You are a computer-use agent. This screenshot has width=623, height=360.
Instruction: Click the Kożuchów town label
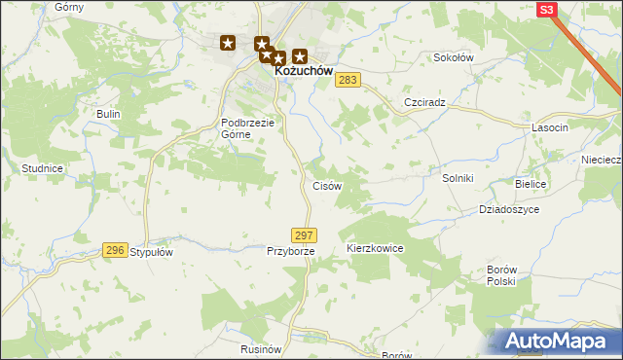point(304,71)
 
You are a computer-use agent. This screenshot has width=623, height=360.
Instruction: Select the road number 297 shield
point(304,235)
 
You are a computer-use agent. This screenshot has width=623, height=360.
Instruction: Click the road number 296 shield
point(115,250)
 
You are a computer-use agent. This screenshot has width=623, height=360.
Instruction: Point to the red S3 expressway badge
point(546,10)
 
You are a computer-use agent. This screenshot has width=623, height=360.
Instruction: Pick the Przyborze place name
point(290,251)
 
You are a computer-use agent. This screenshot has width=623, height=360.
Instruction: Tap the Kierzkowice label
point(375,249)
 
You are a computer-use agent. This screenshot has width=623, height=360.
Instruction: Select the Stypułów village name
point(151,251)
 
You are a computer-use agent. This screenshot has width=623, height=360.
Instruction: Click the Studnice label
point(42,168)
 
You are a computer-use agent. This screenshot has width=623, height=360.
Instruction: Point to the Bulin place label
point(107,114)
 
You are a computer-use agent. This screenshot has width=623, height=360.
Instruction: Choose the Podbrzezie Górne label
point(249,128)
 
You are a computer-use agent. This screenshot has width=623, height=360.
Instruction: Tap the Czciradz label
point(424,102)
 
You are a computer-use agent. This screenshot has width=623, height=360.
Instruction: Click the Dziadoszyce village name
point(508,208)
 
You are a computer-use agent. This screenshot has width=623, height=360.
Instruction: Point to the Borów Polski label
point(500,274)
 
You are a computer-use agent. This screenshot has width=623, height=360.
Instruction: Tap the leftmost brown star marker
point(228,43)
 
